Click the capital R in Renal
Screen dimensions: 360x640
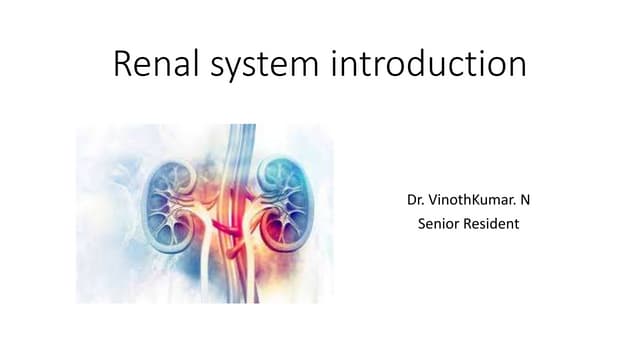(x=125, y=65)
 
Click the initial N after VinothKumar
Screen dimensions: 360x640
(x=524, y=201)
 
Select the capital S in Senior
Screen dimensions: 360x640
(x=421, y=224)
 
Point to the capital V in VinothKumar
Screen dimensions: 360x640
(x=436, y=201)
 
